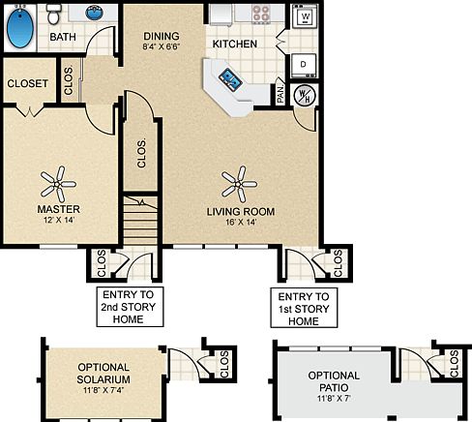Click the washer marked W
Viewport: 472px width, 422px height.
pyautogui.click(x=306, y=18)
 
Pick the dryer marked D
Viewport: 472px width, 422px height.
pyautogui.click(x=303, y=64)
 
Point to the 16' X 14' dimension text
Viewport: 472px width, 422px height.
pyautogui.click(x=241, y=222)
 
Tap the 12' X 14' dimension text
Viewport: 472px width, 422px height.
pyautogui.click(x=58, y=222)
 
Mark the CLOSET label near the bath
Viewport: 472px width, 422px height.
pyautogui.click(x=28, y=84)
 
